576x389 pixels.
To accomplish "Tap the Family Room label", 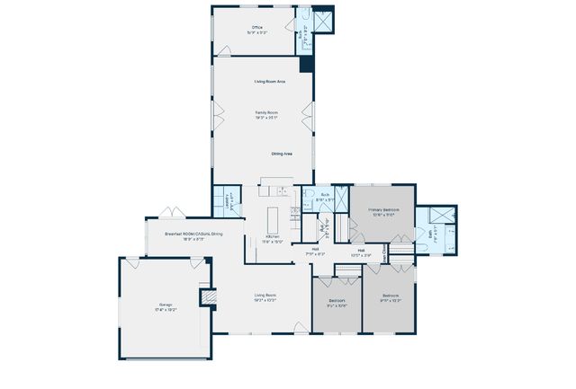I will pyautogui.click(x=265, y=115).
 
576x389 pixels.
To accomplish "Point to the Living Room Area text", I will pyautogui.click(x=268, y=82).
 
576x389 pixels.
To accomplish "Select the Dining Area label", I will pyautogui.click(x=282, y=154).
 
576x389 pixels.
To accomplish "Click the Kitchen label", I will pyautogui.click(x=272, y=237).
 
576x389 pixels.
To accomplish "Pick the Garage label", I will pyautogui.click(x=163, y=306).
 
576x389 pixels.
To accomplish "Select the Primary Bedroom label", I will pyautogui.click(x=383, y=210).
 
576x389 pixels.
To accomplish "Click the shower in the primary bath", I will pyautogui.click(x=441, y=214).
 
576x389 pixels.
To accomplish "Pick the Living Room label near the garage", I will pyautogui.click(x=265, y=296).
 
